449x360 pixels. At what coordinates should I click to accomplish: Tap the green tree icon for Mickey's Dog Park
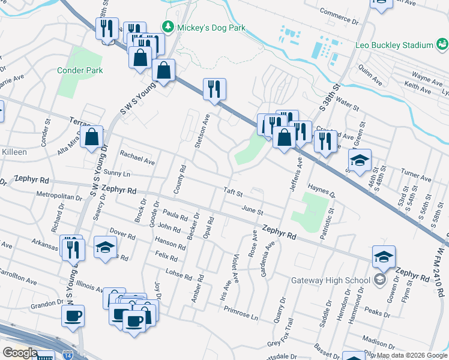coord(168,27)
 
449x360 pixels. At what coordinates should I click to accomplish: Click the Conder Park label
coord(80,70)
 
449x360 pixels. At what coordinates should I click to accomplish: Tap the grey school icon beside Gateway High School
coord(379,280)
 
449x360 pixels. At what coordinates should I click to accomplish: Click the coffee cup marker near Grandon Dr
coord(73,316)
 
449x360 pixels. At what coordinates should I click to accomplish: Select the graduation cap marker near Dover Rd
coord(105,247)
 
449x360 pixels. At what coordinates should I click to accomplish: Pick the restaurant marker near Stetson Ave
coord(214,89)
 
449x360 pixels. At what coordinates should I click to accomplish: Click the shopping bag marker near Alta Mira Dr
coord(91,137)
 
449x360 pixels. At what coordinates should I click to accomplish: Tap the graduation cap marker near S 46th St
coord(360,160)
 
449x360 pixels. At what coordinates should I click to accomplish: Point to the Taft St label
coord(233,194)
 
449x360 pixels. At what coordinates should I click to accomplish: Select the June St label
coord(252,211)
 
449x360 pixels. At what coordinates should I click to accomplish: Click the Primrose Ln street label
coord(241,315)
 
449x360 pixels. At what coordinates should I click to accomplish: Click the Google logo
coord(20,353)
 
